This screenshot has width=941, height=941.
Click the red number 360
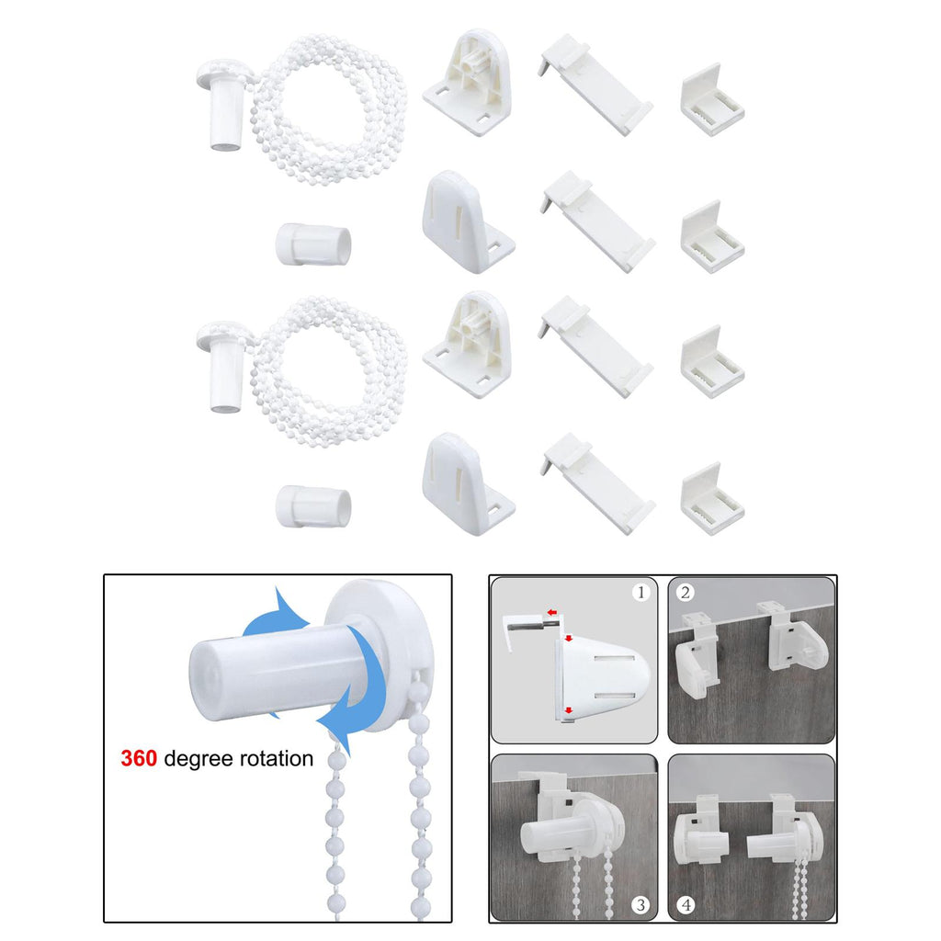tap(139, 758)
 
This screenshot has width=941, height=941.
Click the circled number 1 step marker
tap(641, 593)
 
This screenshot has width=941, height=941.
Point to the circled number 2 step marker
tap(686, 593)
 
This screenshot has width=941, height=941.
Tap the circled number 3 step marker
tap(641, 904)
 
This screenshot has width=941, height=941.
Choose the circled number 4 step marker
tap(686, 904)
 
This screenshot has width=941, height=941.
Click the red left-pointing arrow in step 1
tap(552, 612)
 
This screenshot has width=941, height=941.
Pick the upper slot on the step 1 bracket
tap(615, 659)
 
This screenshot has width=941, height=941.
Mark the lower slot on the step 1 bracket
tap(615, 697)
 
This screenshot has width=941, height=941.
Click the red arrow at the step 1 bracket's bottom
tap(568, 711)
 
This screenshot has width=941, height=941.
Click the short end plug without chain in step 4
tap(709, 846)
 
